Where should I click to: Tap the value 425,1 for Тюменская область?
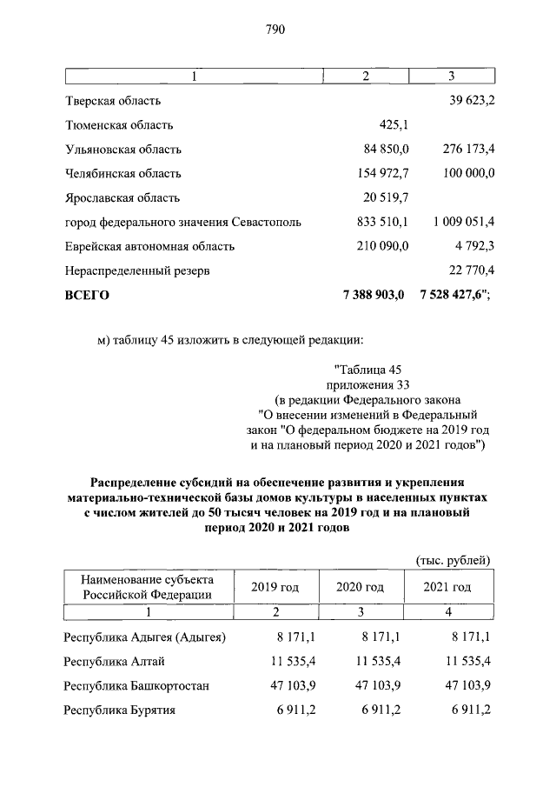pyautogui.click(x=394, y=125)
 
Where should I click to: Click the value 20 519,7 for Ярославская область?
pyautogui.click(x=382, y=197)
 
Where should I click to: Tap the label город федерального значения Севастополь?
pyautogui.click(x=183, y=222)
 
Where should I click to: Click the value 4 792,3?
pyautogui.click(x=474, y=246)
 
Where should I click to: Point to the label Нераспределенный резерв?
pyautogui.click(x=136, y=270)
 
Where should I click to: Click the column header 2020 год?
pyautogui.click(x=360, y=587)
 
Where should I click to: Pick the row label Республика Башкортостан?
pyautogui.click(x=136, y=685)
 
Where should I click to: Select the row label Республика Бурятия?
pyautogui.click(x=120, y=710)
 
